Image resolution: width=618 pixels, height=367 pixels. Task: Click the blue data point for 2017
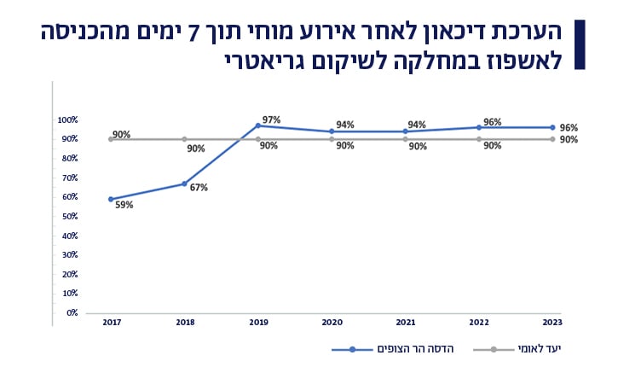point(111,199)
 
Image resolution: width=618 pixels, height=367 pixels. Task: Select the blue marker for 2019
point(258,125)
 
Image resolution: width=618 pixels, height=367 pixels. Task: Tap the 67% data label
point(199,188)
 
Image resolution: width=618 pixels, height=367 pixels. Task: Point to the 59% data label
point(124,205)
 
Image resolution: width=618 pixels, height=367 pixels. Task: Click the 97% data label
point(271,119)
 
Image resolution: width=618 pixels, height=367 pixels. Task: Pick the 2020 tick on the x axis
point(332,323)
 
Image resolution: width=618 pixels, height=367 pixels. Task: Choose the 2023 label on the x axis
point(552,323)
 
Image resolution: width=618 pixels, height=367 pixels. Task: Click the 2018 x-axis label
point(184,323)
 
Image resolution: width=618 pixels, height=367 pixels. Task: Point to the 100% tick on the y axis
point(68,119)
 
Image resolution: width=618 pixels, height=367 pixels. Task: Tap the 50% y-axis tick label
point(69,216)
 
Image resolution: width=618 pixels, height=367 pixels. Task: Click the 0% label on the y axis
point(72,312)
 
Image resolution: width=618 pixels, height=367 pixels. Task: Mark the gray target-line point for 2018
point(184,139)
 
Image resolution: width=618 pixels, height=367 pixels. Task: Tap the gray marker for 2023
point(552,139)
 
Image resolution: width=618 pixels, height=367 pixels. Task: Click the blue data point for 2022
point(479,127)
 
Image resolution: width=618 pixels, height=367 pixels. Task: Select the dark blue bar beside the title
point(580,44)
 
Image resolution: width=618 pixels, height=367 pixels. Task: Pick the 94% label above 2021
point(417,125)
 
